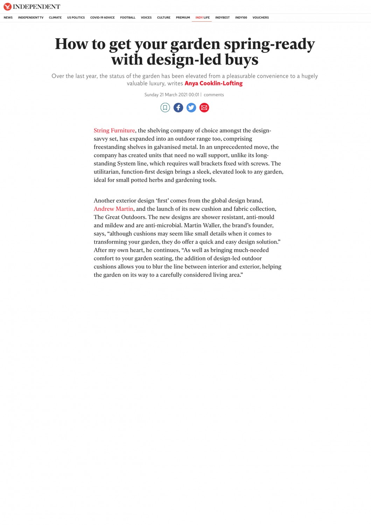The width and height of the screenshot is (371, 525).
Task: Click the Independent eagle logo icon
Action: point(7,7)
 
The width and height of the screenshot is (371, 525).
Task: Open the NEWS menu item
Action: point(8,17)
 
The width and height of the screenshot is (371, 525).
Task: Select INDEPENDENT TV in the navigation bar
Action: point(31,17)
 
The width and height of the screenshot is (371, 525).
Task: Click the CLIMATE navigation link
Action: point(55,17)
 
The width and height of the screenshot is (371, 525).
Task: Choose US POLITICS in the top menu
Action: point(76,17)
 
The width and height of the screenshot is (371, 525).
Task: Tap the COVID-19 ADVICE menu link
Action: point(102,17)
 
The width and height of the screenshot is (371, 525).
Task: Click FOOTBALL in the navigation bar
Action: point(128,17)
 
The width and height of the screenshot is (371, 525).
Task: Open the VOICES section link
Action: point(146,17)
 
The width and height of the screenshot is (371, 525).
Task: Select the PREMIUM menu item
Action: point(183,17)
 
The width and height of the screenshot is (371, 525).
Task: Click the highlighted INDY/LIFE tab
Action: point(202,17)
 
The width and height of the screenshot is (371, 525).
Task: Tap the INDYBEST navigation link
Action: point(222,17)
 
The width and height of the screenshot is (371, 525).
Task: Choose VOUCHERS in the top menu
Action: point(260,17)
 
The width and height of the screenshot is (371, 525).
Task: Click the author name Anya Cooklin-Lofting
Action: point(213,83)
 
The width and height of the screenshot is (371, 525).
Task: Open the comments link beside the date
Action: point(213,95)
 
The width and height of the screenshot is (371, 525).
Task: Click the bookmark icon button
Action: point(165,107)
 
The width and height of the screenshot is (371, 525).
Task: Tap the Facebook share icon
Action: point(178,107)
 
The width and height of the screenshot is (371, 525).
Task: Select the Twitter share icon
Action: point(191,107)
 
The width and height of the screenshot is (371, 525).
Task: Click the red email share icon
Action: point(204,107)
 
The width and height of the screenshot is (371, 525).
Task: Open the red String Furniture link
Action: point(114,131)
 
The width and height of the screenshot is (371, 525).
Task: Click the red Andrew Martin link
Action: point(113,209)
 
